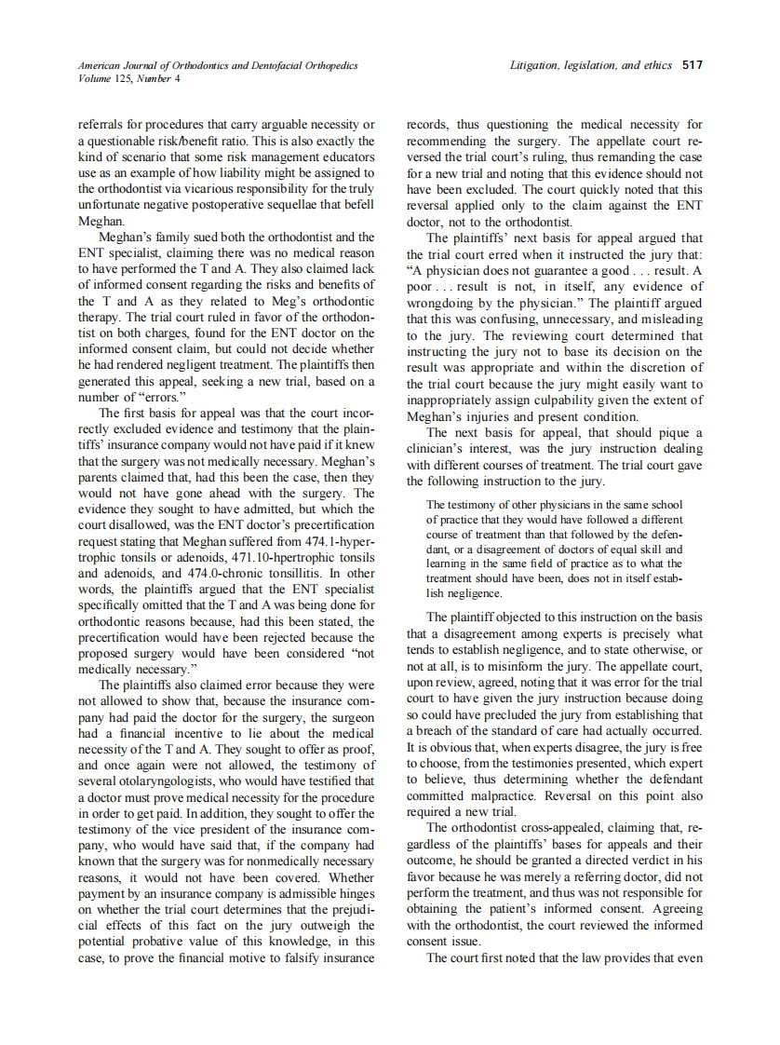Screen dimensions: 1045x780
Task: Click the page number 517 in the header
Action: (692, 65)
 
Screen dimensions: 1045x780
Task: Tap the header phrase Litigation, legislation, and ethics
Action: (592, 65)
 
